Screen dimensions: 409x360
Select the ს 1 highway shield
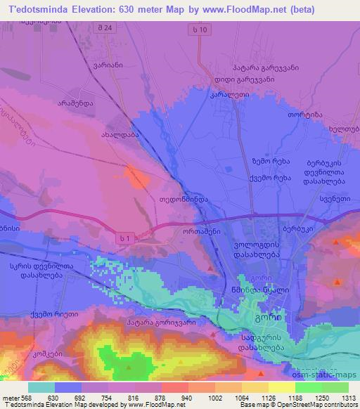click(x=124, y=240)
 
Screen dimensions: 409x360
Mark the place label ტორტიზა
click(x=304, y=114)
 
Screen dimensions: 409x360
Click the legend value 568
click(x=25, y=398)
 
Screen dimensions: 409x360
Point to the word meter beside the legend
click(x=10, y=398)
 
